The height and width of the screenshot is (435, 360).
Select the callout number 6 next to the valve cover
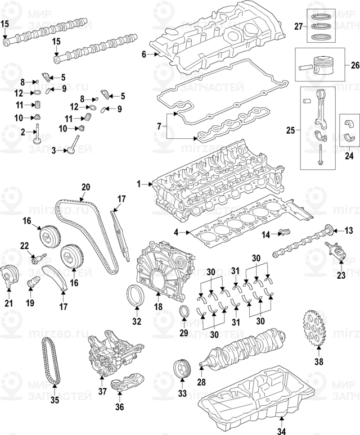(143, 54)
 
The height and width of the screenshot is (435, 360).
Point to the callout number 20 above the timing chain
(85, 187)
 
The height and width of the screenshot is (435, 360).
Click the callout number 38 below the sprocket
(319, 362)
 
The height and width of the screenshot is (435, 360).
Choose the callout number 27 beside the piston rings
(299, 26)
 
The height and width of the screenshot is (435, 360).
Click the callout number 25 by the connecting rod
(290, 131)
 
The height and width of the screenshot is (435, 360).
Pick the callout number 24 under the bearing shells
(349, 156)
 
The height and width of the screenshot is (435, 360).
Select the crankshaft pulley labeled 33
(182, 369)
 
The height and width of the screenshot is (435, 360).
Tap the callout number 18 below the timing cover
(158, 307)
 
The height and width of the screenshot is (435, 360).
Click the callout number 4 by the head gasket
(176, 232)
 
